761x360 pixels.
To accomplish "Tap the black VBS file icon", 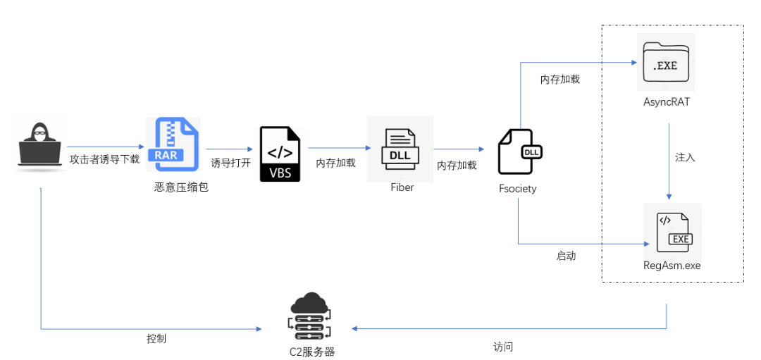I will (280, 154).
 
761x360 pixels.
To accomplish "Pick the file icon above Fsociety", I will (519, 151).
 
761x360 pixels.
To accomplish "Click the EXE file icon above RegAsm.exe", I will (673, 232).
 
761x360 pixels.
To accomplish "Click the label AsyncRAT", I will (666, 102).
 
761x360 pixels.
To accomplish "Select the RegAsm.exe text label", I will (672, 266).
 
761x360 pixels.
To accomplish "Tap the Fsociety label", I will (517, 189).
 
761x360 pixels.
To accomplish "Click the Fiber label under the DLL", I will (402, 188).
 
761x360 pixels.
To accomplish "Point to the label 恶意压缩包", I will (181, 187).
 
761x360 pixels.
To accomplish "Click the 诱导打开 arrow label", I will (230, 163).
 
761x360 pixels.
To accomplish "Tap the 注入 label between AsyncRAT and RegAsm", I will (685, 158).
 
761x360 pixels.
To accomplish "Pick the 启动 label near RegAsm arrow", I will (566, 256).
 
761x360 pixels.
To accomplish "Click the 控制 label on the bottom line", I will (156, 339).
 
